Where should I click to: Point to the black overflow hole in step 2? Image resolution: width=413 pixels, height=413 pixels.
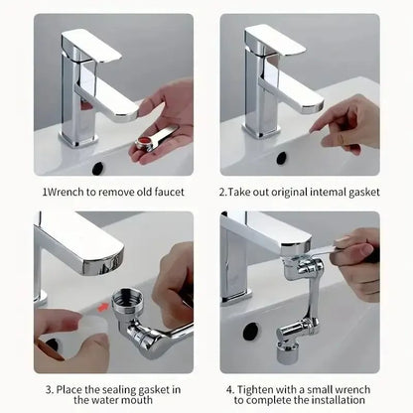[x=281, y=158]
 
